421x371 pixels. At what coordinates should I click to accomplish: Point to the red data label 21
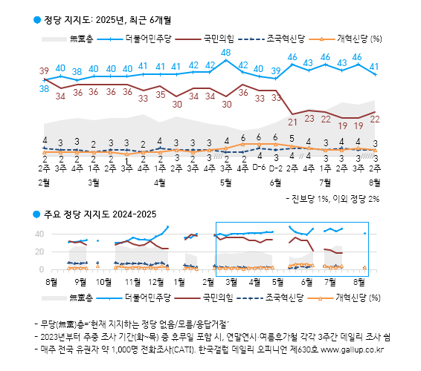[x=292, y=122]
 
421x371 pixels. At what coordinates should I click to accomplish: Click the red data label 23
[x=309, y=119]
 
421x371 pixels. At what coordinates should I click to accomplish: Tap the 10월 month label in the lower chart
[x=104, y=282]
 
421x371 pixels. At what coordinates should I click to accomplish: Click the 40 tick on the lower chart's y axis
[x=41, y=234]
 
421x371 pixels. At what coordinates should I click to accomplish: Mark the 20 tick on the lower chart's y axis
[x=41, y=252]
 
